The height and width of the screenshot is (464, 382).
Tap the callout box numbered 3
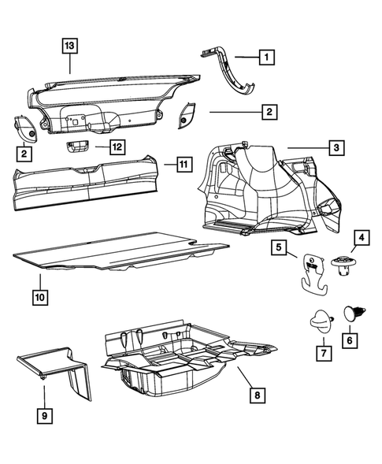[x=336, y=147]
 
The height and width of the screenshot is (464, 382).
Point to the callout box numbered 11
[x=182, y=165]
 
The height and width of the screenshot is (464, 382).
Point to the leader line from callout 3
[x=303, y=147]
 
